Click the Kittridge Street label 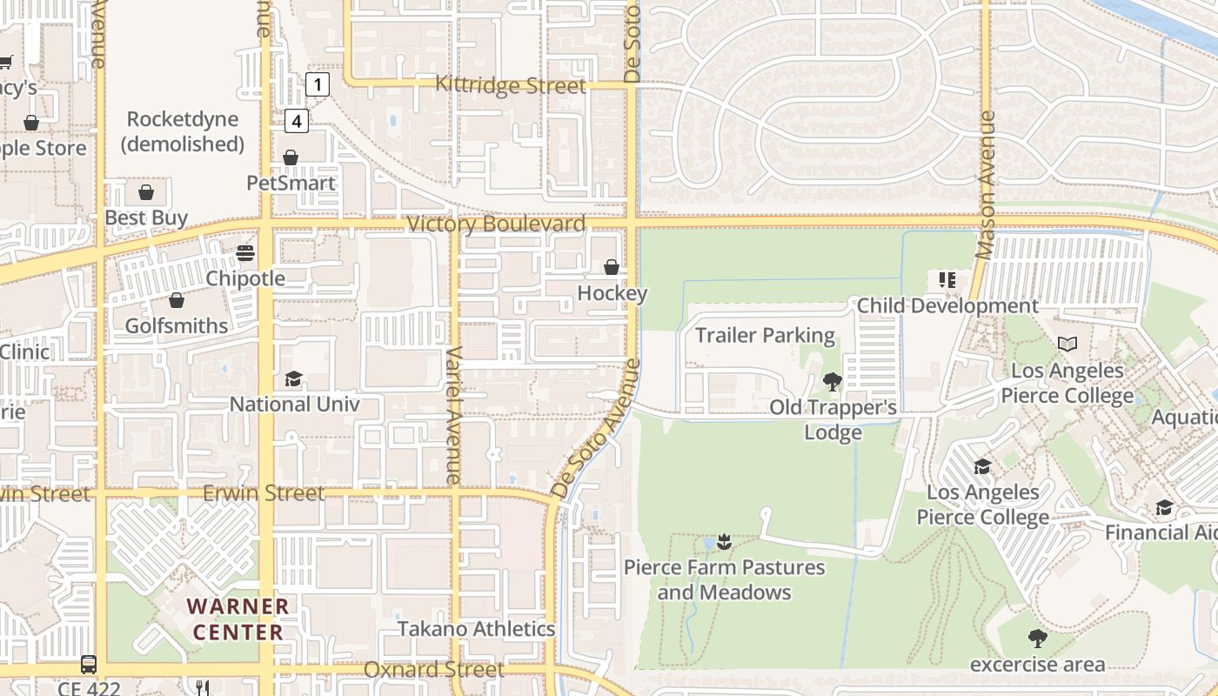pos(510,85)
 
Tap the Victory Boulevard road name pos(496,224)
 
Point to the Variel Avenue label pos(453,415)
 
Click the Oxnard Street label pos(433,670)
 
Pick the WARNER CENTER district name pos(238,619)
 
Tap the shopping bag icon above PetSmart pos(291,157)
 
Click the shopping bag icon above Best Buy pos(146,192)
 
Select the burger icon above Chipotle pos(245,253)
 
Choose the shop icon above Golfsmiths pos(177,301)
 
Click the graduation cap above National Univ pos(293,379)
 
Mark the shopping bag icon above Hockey pos(612,267)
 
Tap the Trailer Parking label pos(765,336)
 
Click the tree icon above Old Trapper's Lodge pos(832,381)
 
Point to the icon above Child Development pos(947,280)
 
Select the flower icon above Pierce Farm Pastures pos(724,542)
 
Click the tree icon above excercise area pos(1037,639)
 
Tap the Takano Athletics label pos(476,629)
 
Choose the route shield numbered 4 pos(297,121)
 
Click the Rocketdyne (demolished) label pos(182,131)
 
